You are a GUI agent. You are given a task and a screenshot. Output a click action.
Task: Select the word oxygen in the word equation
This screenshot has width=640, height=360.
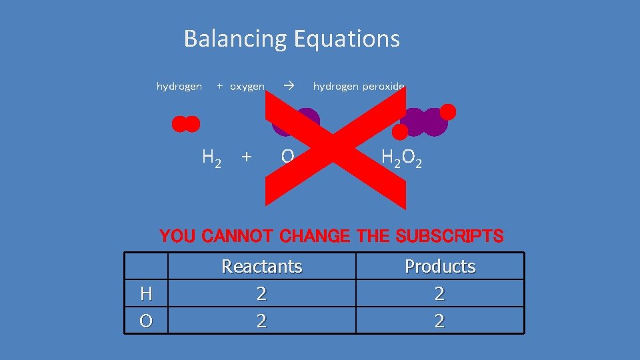tap(247, 86)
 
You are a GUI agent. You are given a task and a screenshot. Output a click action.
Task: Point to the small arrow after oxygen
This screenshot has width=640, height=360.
tap(288, 86)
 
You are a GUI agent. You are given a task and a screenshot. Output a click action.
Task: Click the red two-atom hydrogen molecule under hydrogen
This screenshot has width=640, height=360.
tap(185, 124)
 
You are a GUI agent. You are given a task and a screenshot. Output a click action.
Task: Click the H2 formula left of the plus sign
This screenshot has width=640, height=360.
tap(211, 157)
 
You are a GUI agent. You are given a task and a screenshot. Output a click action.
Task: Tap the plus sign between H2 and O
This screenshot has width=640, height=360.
tap(247, 157)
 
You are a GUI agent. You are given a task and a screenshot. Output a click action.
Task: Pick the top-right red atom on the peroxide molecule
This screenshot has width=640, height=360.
tap(448, 111)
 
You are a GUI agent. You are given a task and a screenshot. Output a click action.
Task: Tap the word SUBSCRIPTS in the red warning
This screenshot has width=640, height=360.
tap(449, 236)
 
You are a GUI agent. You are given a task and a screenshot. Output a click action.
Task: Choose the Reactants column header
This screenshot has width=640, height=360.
tap(261, 267)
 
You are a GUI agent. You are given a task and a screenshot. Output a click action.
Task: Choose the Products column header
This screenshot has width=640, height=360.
tap(440, 267)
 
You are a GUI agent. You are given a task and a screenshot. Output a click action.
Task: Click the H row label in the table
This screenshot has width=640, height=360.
tap(145, 293)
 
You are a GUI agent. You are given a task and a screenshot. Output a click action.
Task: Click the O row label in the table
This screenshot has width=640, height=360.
tap(145, 321)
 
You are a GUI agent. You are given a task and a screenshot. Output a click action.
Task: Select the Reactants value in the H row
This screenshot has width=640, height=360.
tap(261, 293)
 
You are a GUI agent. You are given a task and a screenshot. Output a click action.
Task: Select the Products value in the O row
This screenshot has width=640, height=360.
tap(440, 321)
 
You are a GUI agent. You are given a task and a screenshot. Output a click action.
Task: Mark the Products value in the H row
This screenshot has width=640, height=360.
tap(440, 293)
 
